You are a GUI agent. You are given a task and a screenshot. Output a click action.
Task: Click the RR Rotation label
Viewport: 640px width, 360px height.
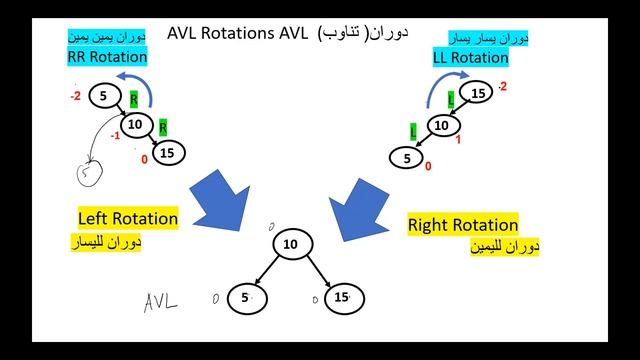[107, 57]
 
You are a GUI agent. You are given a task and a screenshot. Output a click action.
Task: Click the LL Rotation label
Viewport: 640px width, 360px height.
[470, 57]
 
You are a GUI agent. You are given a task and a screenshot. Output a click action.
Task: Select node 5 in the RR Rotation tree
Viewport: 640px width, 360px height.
[103, 97]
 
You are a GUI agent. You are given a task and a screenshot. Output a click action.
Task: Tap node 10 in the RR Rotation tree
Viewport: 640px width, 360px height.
[138, 125]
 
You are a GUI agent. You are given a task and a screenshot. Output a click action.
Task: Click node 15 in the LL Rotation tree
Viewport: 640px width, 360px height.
[478, 94]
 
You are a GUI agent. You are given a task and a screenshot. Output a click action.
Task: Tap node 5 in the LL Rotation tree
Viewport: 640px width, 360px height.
[405, 158]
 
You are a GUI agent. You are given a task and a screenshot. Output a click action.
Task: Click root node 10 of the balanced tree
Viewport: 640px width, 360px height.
[291, 244]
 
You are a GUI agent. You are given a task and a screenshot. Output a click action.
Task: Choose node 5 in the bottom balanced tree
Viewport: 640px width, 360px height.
[243, 297]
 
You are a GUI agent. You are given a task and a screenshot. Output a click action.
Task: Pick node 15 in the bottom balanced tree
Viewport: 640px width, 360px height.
[340, 297]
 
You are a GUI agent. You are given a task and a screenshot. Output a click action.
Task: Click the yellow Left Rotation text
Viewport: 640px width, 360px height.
[128, 218]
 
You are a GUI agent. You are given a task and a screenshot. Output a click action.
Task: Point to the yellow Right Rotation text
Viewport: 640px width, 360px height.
[463, 224]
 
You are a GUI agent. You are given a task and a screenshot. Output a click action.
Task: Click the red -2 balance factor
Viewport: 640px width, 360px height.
[75, 97]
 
